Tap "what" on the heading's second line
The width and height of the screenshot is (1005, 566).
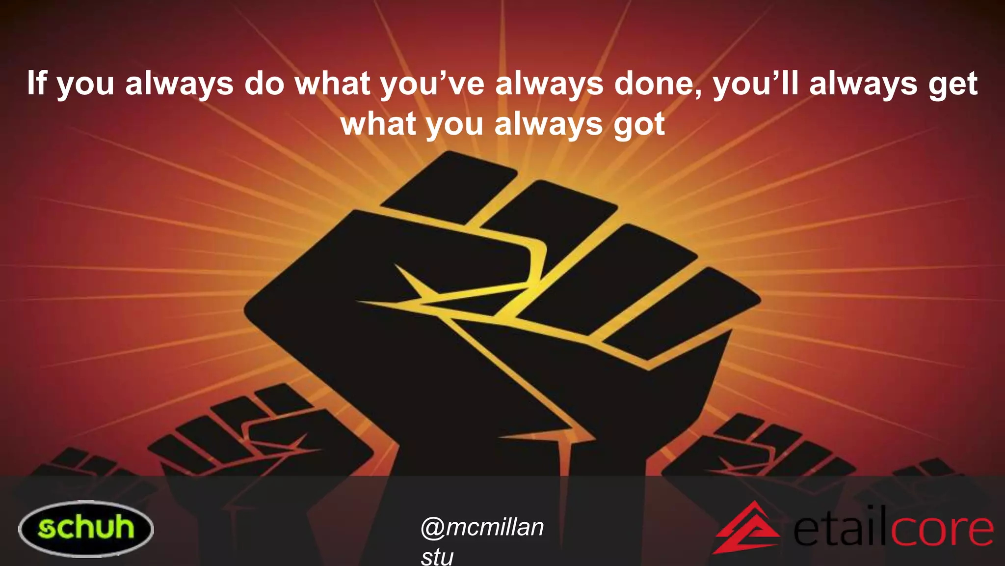(x=377, y=123)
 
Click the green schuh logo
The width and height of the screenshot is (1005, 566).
(x=86, y=528)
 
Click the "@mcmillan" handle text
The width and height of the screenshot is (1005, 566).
(x=482, y=527)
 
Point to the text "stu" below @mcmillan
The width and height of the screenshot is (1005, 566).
(x=437, y=557)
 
